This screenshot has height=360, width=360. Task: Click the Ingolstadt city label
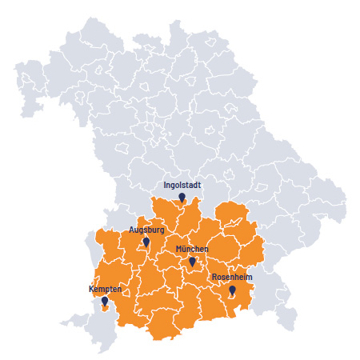pyautogui.click(x=182, y=185)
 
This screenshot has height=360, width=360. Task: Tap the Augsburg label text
pyautogui.click(x=146, y=230)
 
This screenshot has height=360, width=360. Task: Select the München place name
pyautogui.click(x=192, y=250)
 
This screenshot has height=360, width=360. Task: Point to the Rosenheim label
pyautogui.click(x=232, y=277)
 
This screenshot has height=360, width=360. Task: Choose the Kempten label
pyautogui.click(x=104, y=288)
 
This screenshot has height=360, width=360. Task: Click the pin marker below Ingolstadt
pyautogui.click(x=182, y=197)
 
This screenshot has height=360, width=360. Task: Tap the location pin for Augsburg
pyautogui.click(x=146, y=242)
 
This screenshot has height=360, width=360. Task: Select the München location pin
pyautogui.click(x=192, y=262)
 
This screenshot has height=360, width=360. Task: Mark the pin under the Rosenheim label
pyautogui.click(x=232, y=290)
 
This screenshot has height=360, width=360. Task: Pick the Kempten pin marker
pyautogui.click(x=104, y=301)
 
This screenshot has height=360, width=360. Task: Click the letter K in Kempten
pyautogui.click(x=90, y=288)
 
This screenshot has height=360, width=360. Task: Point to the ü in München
pyautogui.click(x=186, y=250)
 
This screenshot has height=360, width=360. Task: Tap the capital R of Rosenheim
pyautogui.click(x=214, y=277)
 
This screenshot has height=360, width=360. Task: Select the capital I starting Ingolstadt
pyautogui.click(x=165, y=185)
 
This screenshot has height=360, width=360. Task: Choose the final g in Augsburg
pyautogui.click(x=162, y=230)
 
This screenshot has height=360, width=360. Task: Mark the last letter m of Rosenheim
pyautogui.click(x=250, y=277)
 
